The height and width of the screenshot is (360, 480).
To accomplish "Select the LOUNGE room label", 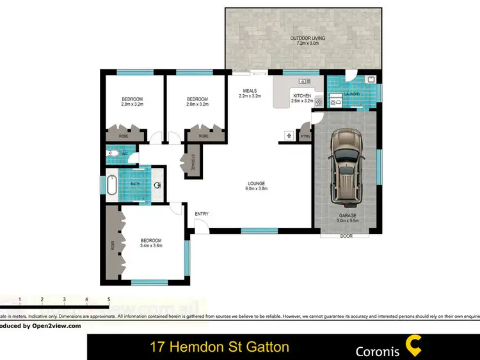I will click(256, 185).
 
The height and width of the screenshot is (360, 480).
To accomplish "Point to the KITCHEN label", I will click(301, 97).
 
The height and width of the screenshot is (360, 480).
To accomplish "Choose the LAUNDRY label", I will click(352, 94).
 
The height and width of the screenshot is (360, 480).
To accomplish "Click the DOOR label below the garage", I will click(346, 236).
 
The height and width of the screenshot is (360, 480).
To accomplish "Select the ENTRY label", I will click(202, 214).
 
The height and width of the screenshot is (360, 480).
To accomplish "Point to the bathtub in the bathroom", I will click(111, 185).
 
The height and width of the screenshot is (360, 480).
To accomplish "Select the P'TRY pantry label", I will click(305, 136).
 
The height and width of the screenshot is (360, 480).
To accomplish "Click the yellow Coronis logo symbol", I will click(414, 347).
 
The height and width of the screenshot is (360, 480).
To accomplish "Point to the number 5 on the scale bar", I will click(109, 299).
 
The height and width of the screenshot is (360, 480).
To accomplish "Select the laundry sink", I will click(371, 80).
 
